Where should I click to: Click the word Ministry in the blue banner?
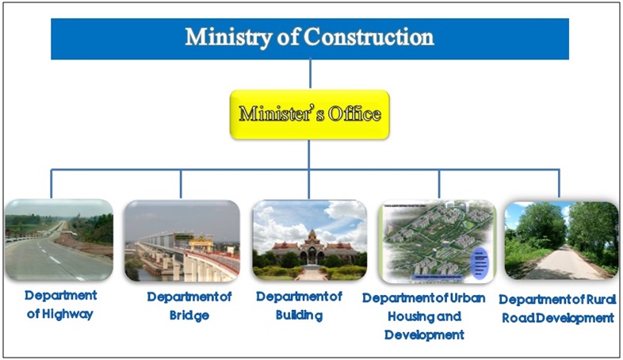point(228,38)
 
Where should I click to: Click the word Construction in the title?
point(369,37)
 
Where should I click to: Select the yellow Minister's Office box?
point(309,114)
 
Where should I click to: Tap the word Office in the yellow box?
point(354,114)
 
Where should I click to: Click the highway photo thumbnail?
point(59,240)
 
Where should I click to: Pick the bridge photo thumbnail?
point(182,241)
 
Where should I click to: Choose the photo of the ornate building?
point(309,240)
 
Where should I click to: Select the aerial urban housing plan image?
point(438,241)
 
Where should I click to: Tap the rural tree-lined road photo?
point(561,240)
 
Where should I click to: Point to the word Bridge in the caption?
point(189,316)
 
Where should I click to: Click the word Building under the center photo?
point(299,316)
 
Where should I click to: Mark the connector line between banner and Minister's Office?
point(310,75)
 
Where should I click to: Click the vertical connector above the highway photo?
point(52,184)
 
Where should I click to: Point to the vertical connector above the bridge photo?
point(181,184)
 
